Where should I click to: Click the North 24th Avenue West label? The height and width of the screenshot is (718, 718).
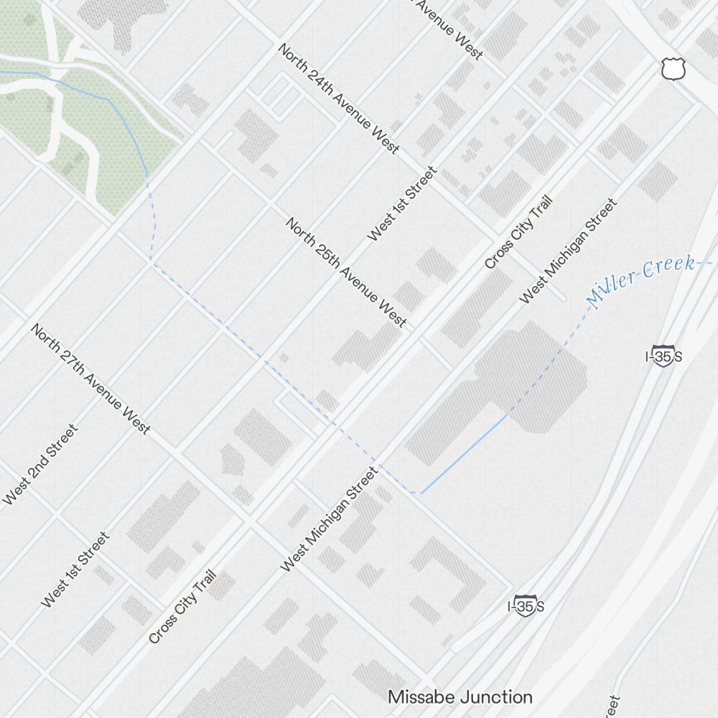[x=338, y=98]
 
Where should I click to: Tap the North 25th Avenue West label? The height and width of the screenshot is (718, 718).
[x=346, y=272]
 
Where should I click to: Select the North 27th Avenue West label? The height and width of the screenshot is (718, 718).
[x=90, y=378]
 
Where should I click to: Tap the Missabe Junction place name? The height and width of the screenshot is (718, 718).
[x=460, y=696]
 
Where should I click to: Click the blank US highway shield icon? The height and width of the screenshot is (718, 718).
[x=673, y=68]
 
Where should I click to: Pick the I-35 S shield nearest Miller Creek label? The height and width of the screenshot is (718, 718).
[x=663, y=355]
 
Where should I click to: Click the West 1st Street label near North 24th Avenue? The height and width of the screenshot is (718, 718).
[x=401, y=204]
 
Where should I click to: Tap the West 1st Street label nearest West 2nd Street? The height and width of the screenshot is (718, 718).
[x=75, y=569]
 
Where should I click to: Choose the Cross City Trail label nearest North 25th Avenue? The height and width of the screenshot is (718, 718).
[x=518, y=233]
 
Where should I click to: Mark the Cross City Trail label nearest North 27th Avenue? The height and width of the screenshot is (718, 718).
[x=182, y=607]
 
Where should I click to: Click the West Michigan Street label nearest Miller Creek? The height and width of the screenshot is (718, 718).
[x=568, y=251]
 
